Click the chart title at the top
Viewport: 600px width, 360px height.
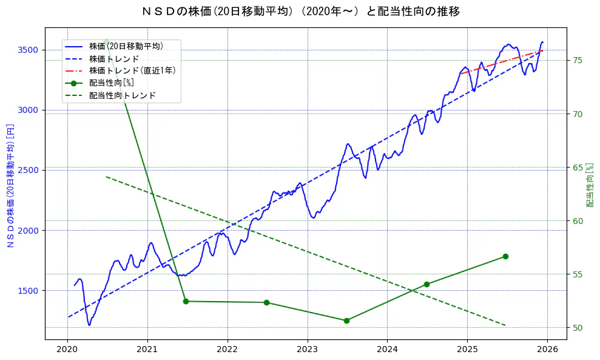pyautogui.click(x=300, y=12)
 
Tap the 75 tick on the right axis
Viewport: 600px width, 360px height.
pyautogui.click(x=578, y=60)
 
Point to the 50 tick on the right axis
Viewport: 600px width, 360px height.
pyautogui.click(x=578, y=328)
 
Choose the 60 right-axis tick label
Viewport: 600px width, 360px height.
pyautogui.click(x=578, y=221)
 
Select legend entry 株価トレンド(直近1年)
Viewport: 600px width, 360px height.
pyautogui.click(x=132, y=70)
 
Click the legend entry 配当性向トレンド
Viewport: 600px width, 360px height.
pyautogui.click(x=122, y=95)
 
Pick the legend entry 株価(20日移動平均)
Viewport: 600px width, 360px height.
pyautogui.click(x=126, y=46)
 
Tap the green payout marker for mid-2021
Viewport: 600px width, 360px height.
pyautogui.click(x=186, y=301)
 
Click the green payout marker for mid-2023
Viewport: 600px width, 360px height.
pyautogui.click(x=346, y=321)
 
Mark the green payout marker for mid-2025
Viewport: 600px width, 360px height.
pyautogui.click(x=505, y=256)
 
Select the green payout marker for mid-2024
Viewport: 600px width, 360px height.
pyautogui.click(x=426, y=284)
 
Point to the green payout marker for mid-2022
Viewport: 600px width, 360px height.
pyautogui.click(x=266, y=302)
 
